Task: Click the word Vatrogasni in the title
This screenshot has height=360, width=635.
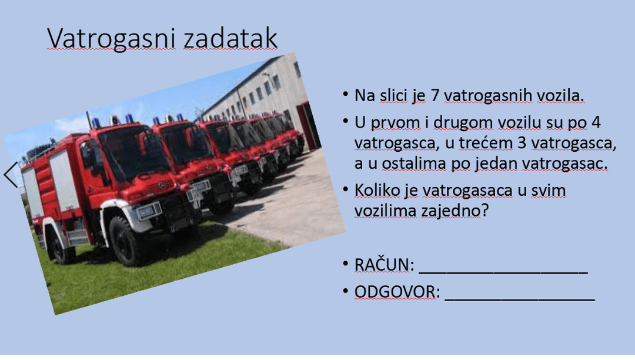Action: click(x=111, y=39)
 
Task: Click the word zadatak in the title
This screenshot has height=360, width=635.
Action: click(x=230, y=38)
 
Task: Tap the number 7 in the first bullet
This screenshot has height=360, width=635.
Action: click(x=435, y=95)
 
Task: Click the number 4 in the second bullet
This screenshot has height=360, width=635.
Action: click(x=596, y=122)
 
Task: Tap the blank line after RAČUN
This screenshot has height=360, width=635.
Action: click(x=503, y=274)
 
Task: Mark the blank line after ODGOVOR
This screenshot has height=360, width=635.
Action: click(x=520, y=300)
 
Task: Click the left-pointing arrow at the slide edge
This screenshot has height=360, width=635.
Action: click(x=11, y=175)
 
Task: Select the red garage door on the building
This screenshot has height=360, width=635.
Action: click(x=308, y=125)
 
